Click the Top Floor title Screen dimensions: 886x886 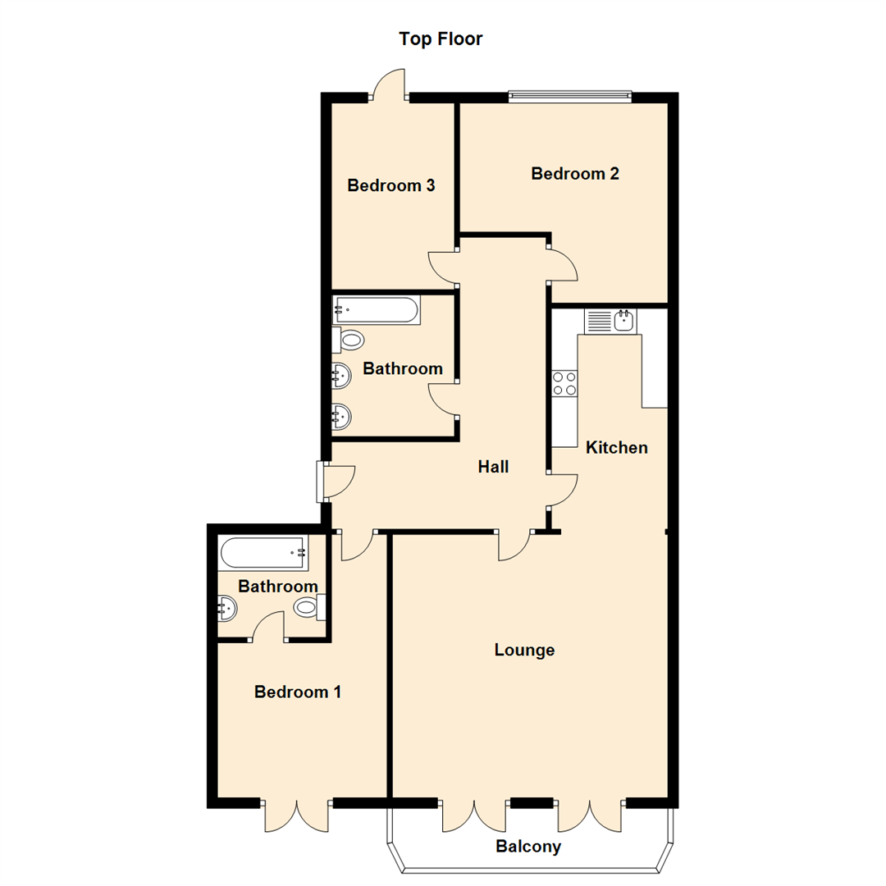point(441,39)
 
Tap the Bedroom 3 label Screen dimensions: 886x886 point(390,185)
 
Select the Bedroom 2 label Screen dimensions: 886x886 point(574,174)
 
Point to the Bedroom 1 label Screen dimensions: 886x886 point(298,692)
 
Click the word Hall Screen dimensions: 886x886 point(494,467)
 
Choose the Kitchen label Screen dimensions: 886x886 point(617,448)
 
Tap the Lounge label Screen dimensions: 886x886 point(525,651)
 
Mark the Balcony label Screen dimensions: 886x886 point(528,847)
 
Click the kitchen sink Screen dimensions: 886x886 point(623,320)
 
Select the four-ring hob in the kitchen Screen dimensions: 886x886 point(564,382)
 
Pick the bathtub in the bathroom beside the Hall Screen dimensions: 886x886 point(377,311)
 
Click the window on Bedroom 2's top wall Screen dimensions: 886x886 point(570,96)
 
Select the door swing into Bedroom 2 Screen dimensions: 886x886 point(564,263)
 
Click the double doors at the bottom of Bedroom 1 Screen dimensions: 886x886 point(297,815)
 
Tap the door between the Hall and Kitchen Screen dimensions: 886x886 point(564,491)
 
